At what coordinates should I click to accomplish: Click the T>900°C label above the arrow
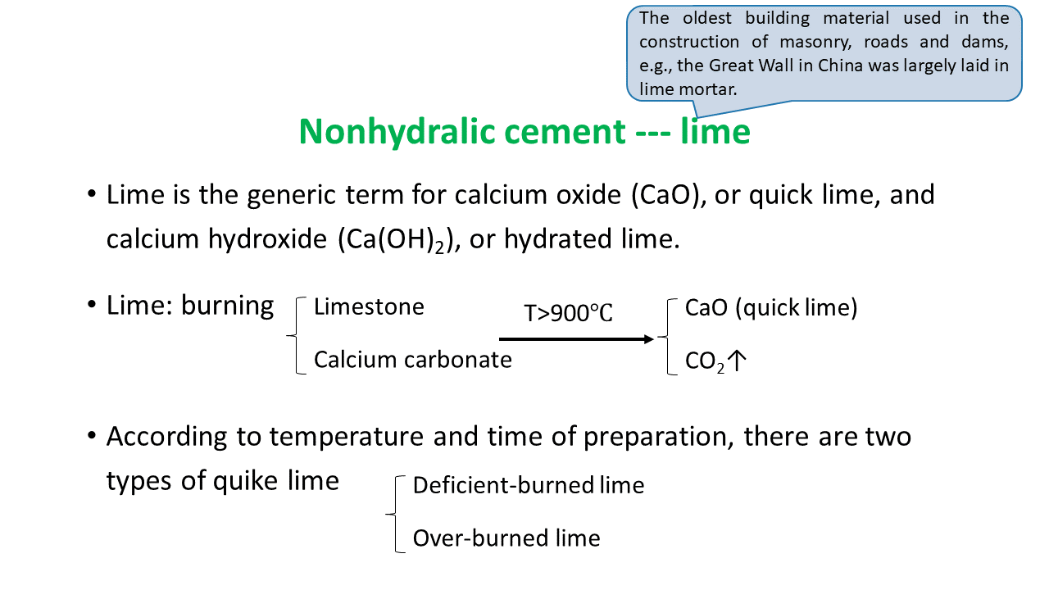(x=568, y=313)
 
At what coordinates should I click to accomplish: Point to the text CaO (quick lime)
(x=770, y=308)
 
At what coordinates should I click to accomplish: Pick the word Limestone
(x=369, y=307)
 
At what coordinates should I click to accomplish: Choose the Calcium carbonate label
(x=412, y=360)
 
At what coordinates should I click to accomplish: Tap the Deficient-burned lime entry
(x=528, y=486)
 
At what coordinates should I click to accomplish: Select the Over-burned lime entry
(x=506, y=538)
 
